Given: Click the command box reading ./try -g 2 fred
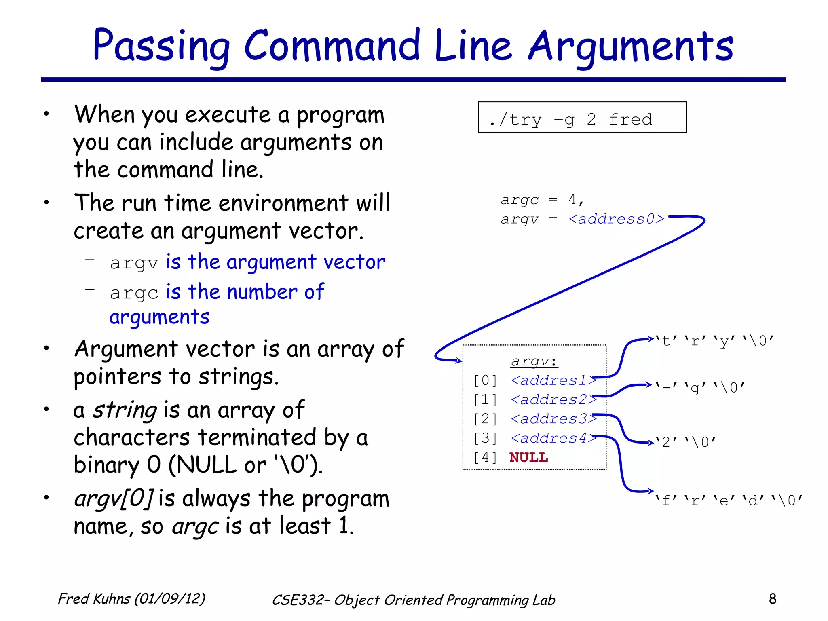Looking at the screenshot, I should coord(582,118).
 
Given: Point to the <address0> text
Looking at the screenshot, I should coord(616,219).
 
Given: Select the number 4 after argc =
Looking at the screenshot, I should coord(572,199).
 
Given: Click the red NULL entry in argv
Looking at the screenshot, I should coord(528,457).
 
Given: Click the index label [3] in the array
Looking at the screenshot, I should coord(485,438).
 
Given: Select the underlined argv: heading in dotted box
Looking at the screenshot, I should coord(534,361).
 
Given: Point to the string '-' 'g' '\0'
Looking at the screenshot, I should coord(700,388).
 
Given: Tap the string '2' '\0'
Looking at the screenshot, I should coord(685,442).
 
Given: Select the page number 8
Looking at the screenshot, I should coord(772,598).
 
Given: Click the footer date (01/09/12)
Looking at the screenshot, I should coord(170,599).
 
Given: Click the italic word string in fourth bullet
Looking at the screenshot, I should coord(125,410).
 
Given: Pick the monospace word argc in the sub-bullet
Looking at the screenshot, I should coord(134,293).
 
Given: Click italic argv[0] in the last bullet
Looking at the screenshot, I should coord(113,498).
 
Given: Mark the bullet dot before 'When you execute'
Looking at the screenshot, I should coord(47,114).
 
